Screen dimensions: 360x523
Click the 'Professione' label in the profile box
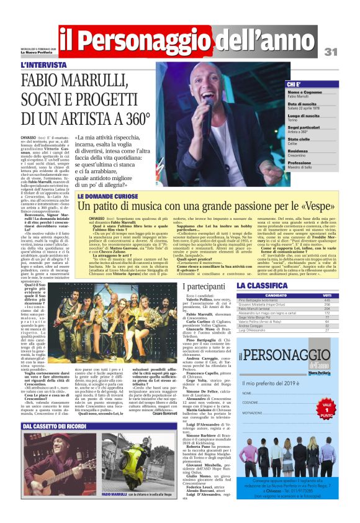(302, 162)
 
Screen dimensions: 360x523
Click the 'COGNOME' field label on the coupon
(251, 386)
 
